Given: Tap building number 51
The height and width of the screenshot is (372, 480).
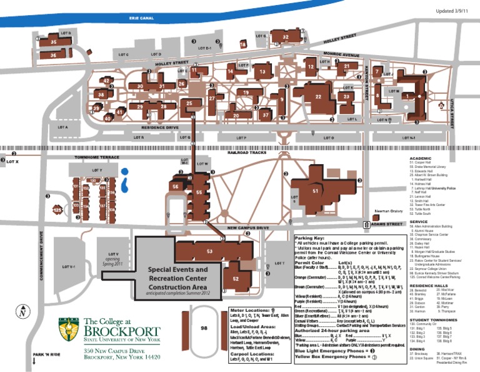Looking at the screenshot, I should click(316, 190).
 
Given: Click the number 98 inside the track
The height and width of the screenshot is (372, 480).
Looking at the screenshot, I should click(204, 328).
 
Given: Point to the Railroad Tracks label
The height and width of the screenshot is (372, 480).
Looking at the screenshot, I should click(247, 152).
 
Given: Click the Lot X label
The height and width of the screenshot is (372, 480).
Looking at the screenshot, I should click(12, 162).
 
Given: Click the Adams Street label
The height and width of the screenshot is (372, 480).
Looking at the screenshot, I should click(384, 224).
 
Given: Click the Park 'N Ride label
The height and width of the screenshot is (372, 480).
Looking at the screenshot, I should click(46, 354).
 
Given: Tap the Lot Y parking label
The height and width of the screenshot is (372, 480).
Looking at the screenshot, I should click(96, 170).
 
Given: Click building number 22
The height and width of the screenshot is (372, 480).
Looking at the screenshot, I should click(318, 96).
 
